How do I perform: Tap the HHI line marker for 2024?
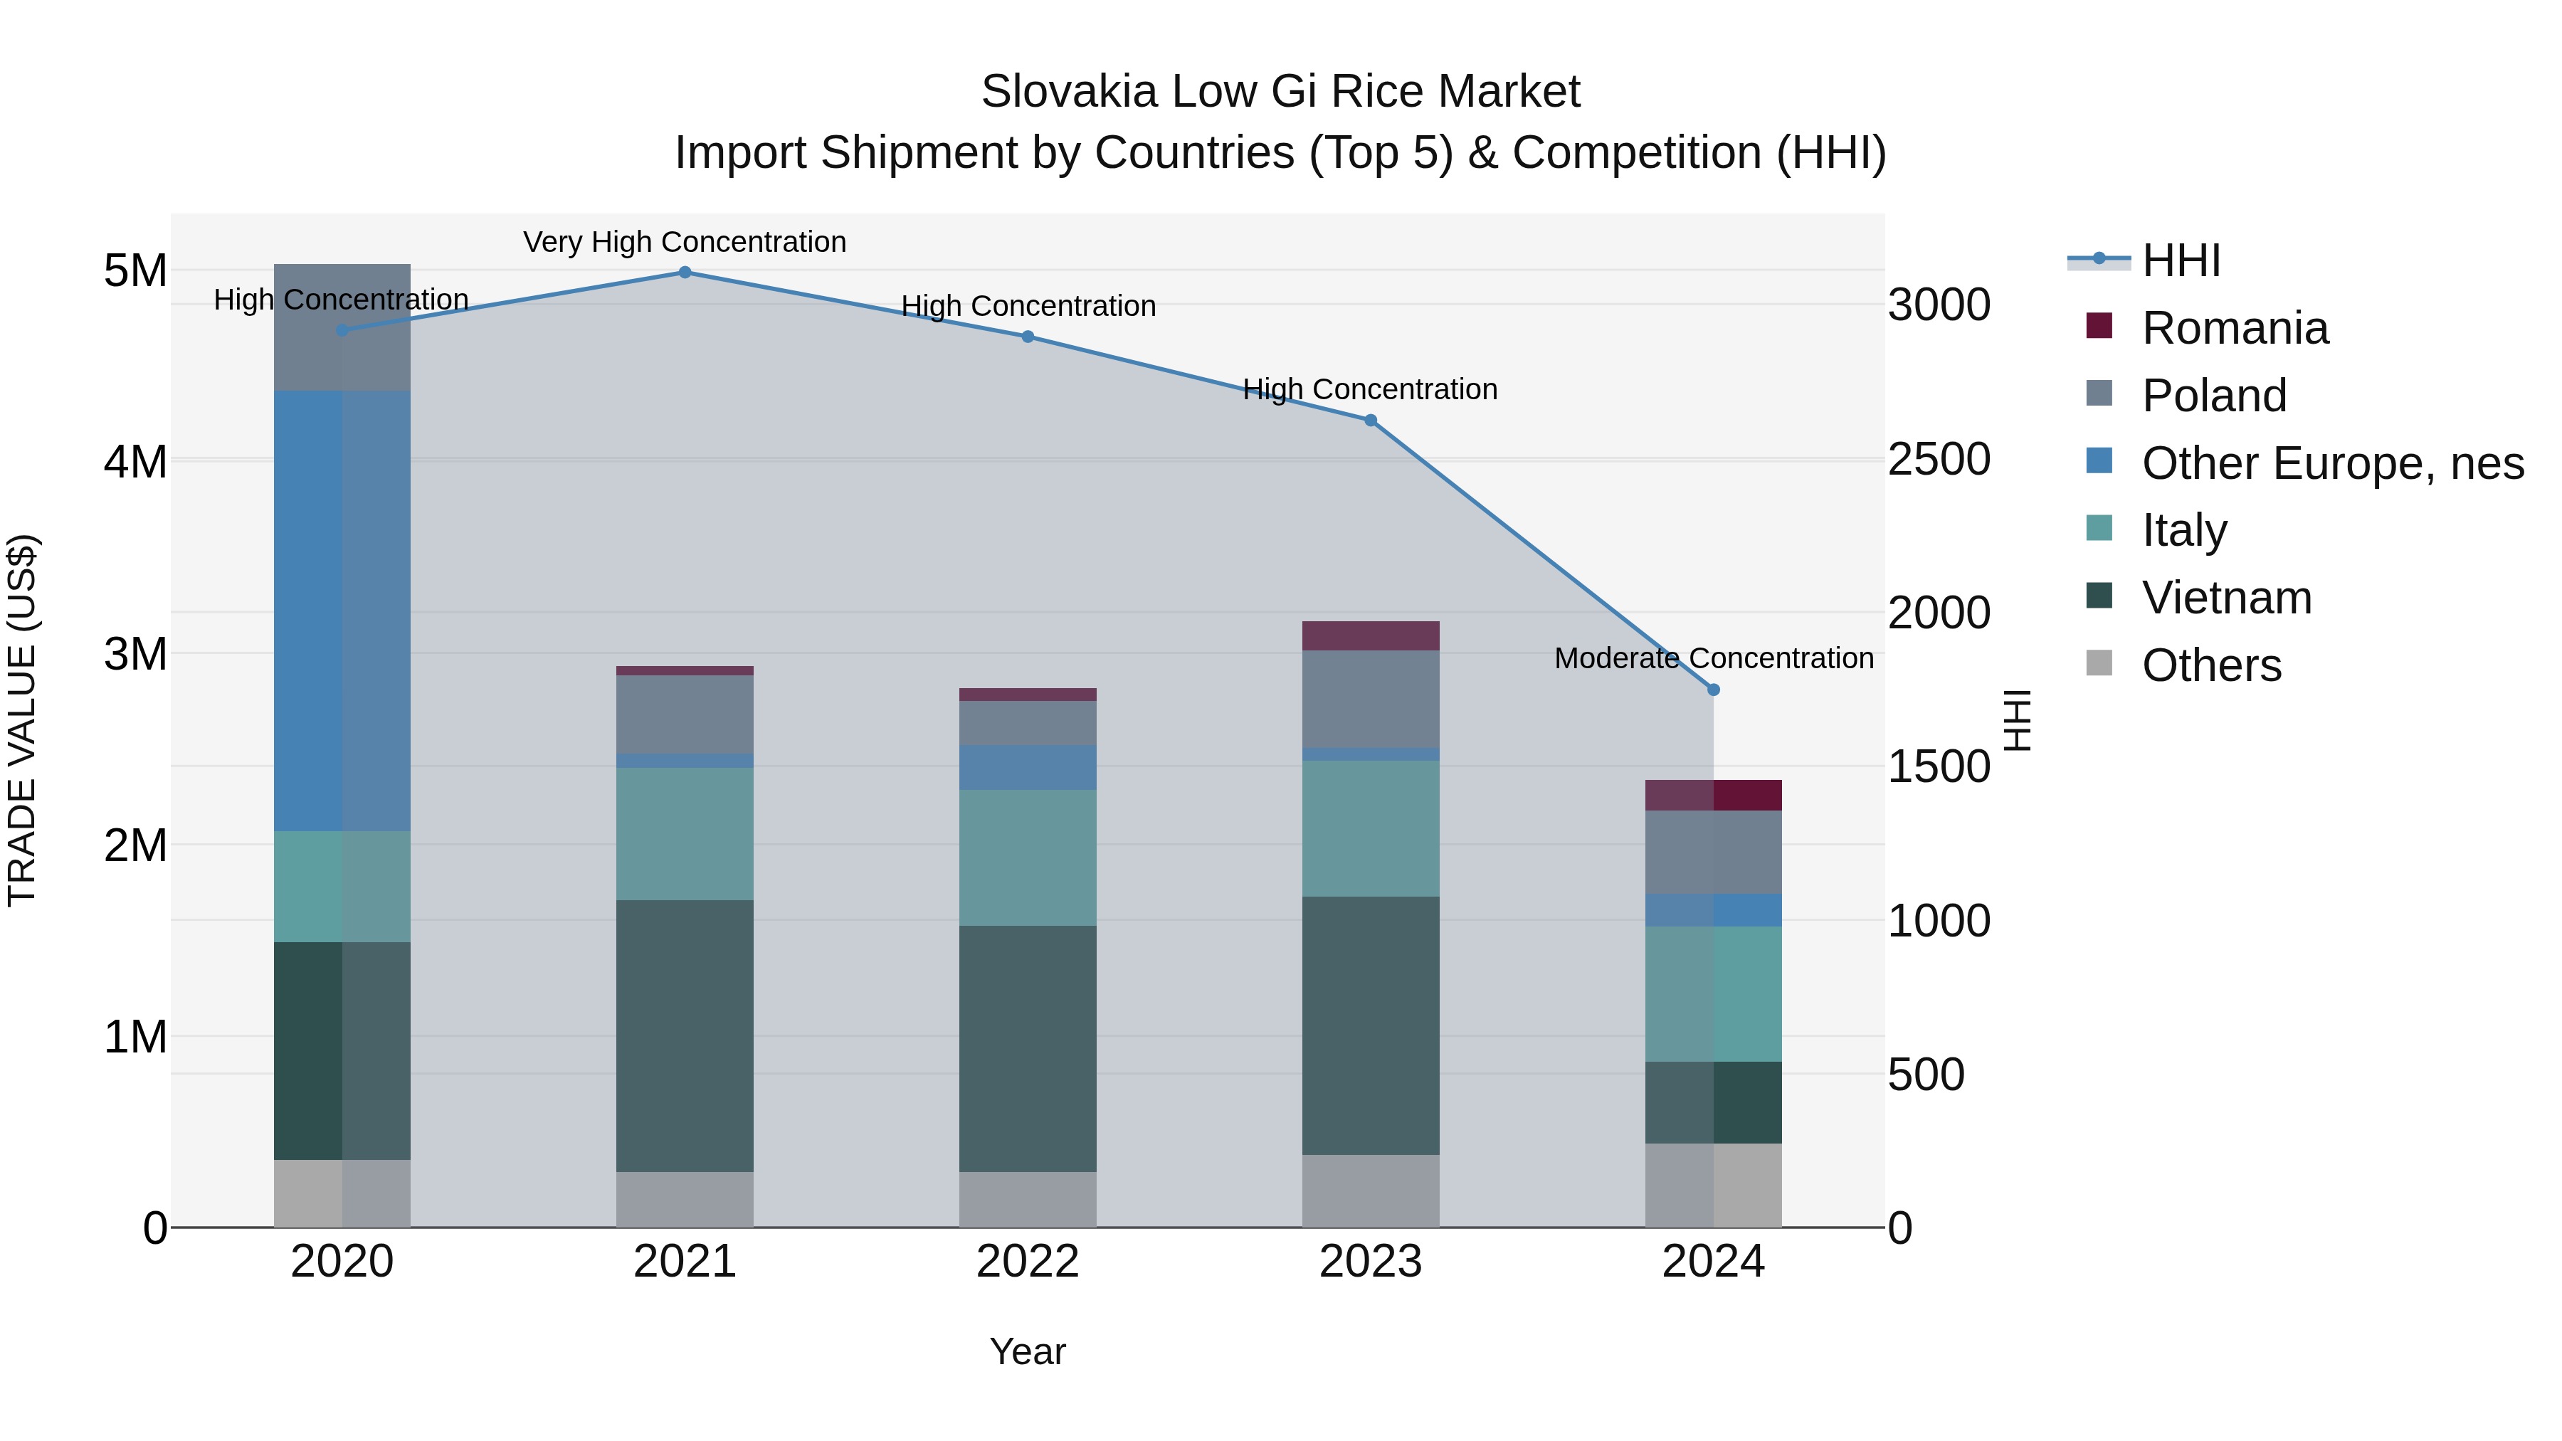click(x=1713, y=690)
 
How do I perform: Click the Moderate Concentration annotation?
click(x=1713, y=658)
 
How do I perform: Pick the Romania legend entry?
click(x=2234, y=328)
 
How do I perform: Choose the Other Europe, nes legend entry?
click(x=2331, y=463)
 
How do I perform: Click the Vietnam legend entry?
click(x=2226, y=598)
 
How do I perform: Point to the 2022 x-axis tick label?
click(x=1028, y=1262)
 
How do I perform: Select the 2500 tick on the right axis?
click(x=1939, y=460)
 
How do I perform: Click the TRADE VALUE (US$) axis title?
click(x=22, y=720)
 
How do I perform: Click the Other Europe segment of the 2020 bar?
click(x=342, y=611)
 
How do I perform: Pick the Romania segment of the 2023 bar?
click(x=1371, y=635)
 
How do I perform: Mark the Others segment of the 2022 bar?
click(x=1028, y=1199)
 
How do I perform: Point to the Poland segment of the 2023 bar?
click(x=1371, y=699)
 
